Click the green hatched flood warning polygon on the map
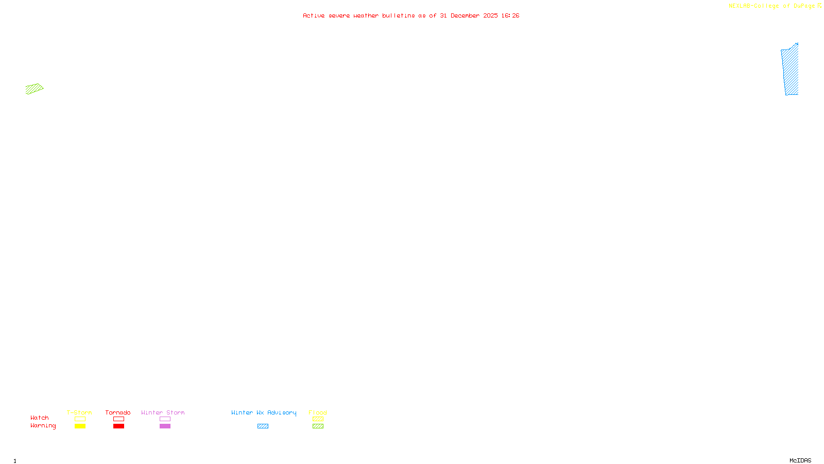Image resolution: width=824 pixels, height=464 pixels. point(34,89)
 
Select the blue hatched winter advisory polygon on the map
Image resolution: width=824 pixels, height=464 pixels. point(791,70)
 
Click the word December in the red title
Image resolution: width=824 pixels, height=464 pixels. point(465,16)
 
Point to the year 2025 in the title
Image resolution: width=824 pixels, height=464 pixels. point(490,16)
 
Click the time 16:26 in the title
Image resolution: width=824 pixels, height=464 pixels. point(510,16)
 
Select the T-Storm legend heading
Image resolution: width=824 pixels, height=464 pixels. point(79,412)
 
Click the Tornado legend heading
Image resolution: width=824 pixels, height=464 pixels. point(118,412)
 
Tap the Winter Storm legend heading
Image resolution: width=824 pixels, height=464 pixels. point(163,412)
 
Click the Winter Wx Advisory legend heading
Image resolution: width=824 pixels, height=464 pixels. point(264,412)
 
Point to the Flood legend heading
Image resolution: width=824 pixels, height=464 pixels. point(318,412)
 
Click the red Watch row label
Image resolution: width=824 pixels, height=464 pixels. point(40,418)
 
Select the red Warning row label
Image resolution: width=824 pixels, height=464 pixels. point(43,426)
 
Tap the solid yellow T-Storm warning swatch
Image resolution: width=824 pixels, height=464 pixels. point(80,426)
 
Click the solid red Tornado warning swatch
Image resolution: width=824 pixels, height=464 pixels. point(118,426)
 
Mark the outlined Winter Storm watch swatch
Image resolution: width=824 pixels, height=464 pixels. point(165,419)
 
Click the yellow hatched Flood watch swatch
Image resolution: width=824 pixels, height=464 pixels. point(318,419)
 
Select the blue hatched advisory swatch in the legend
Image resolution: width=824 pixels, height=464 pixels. point(263,426)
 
